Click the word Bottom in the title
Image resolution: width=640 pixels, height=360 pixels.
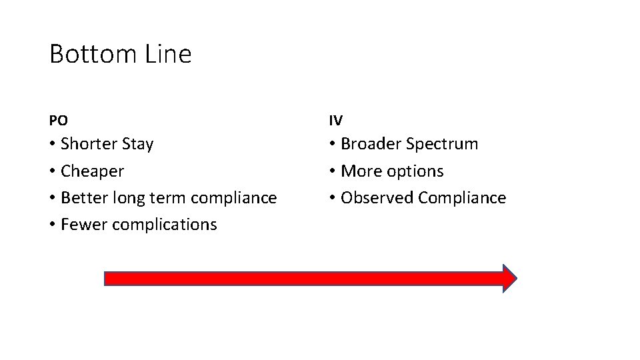85,54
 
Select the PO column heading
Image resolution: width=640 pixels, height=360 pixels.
58,121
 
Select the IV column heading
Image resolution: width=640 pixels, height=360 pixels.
335,121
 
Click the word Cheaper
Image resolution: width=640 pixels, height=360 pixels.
92,171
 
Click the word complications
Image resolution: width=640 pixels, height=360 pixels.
165,225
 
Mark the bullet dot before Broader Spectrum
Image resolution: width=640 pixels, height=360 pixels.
332,145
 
